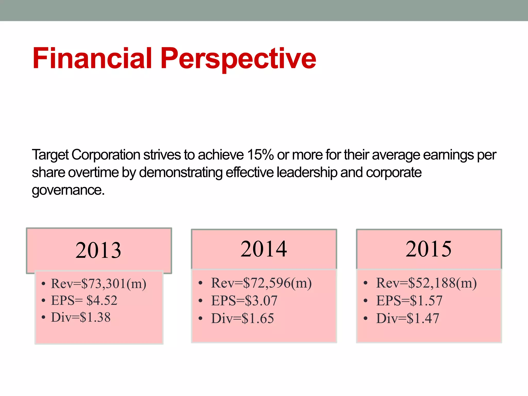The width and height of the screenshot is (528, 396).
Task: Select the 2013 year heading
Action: coord(98,250)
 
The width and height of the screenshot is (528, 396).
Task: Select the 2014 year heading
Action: coord(263,249)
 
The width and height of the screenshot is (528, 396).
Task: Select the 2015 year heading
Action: coord(428,249)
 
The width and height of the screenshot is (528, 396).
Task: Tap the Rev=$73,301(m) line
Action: coord(98,284)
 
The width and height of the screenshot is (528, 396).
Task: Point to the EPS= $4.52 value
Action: coord(84,300)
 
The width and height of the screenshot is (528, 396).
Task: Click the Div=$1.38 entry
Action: coord(81,317)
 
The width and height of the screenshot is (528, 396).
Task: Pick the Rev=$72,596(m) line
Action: coord(261,283)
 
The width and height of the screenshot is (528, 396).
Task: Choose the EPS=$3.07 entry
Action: coord(244,301)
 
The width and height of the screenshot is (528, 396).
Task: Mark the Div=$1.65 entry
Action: coord(242,318)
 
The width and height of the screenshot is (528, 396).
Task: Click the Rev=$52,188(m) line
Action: coord(426,283)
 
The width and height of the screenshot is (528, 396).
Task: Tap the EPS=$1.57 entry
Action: coord(409,301)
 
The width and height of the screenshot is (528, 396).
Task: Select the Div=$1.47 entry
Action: coord(407,318)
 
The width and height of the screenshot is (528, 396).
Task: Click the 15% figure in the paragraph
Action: coord(260,155)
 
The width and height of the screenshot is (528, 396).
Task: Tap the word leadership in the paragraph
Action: coord(307,172)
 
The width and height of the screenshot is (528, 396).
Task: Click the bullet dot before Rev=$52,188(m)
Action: coord(365,283)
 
